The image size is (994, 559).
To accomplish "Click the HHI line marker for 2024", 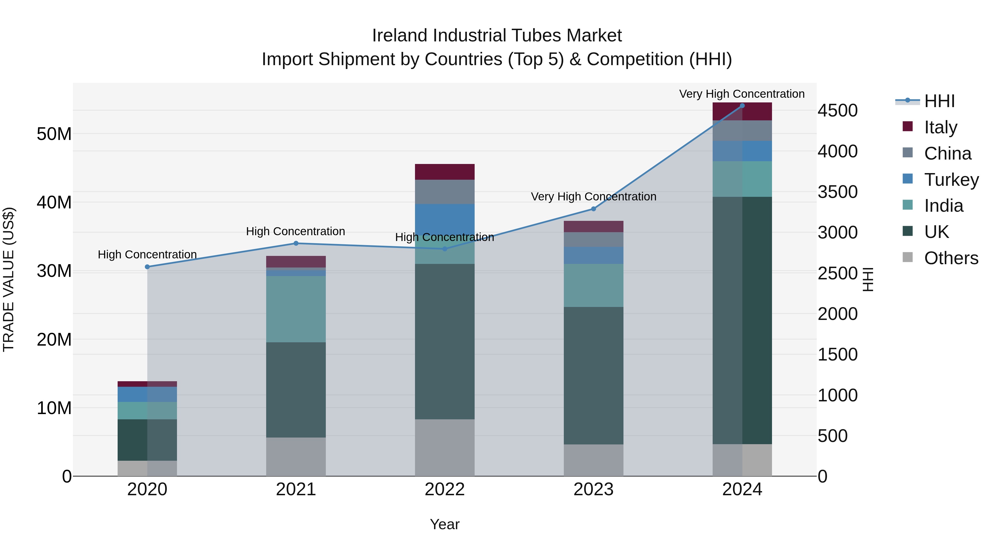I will coord(742,106).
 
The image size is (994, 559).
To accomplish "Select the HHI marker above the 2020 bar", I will coord(147,267).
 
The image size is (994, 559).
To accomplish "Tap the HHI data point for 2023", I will coord(593,209).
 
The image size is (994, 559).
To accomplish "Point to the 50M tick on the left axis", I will coord(54,134).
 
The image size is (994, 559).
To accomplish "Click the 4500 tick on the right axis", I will coord(837,111).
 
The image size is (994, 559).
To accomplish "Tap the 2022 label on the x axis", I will coord(445,489).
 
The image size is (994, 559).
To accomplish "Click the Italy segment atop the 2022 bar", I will coord(445,172).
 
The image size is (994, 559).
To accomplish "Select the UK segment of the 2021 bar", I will coord(296,390).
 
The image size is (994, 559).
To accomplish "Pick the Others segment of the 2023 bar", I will coord(593,460).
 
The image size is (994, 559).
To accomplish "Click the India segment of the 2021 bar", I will coord(296,309).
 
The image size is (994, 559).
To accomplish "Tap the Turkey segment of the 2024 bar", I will coord(742,151).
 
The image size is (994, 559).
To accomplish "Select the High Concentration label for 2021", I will coord(295,232).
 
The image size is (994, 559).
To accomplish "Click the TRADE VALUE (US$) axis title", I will coord(9,279).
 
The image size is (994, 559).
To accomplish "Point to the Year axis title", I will coord(445,524).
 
